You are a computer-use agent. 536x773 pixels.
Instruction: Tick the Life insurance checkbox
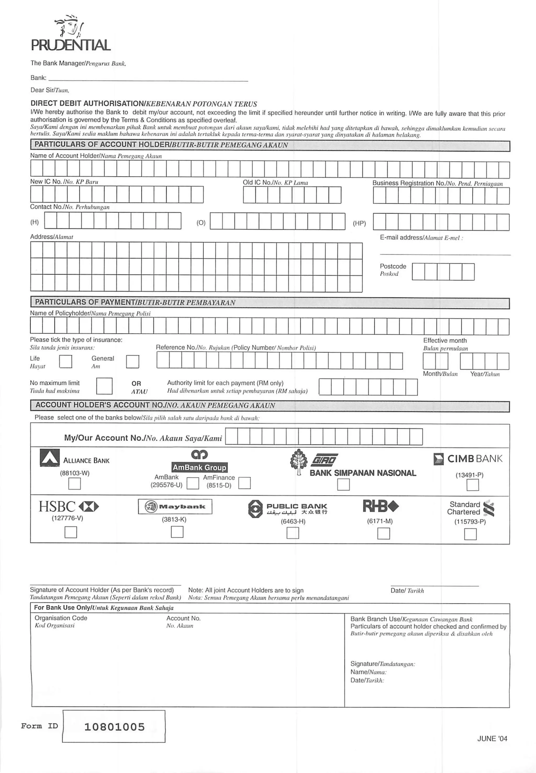point(65,362)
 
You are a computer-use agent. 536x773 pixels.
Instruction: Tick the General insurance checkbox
point(132,362)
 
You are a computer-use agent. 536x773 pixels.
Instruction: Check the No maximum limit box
point(104,386)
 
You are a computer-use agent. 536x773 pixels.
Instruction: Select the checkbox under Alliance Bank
point(74,484)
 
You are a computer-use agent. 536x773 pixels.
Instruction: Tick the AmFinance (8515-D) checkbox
point(244,483)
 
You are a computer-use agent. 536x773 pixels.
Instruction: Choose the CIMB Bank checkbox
point(472,485)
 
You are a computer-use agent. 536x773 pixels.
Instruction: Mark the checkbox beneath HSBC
point(70,532)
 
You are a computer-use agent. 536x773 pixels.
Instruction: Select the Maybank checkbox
point(177,532)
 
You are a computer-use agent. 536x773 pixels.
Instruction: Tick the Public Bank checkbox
point(293,533)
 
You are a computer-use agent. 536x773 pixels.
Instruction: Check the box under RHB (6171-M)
point(383,533)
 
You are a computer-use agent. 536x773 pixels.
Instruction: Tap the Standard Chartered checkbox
point(470,534)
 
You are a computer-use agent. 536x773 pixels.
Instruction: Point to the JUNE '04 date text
point(492,738)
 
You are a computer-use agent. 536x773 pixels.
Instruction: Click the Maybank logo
point(175,507)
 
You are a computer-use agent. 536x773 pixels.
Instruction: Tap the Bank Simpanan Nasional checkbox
point(343,485)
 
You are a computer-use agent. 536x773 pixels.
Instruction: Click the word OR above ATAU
point(136,383)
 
